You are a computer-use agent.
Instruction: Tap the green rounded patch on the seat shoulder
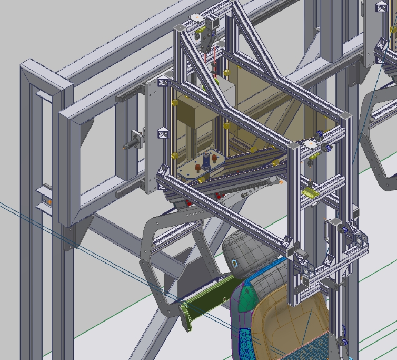pos(247,299)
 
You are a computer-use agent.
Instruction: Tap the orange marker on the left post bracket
pos(49,201)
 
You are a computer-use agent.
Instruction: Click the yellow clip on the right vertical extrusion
pos(310,193)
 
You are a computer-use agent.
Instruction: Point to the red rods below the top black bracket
pos(214,61)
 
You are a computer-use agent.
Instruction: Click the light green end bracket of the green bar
pos(186,316)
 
